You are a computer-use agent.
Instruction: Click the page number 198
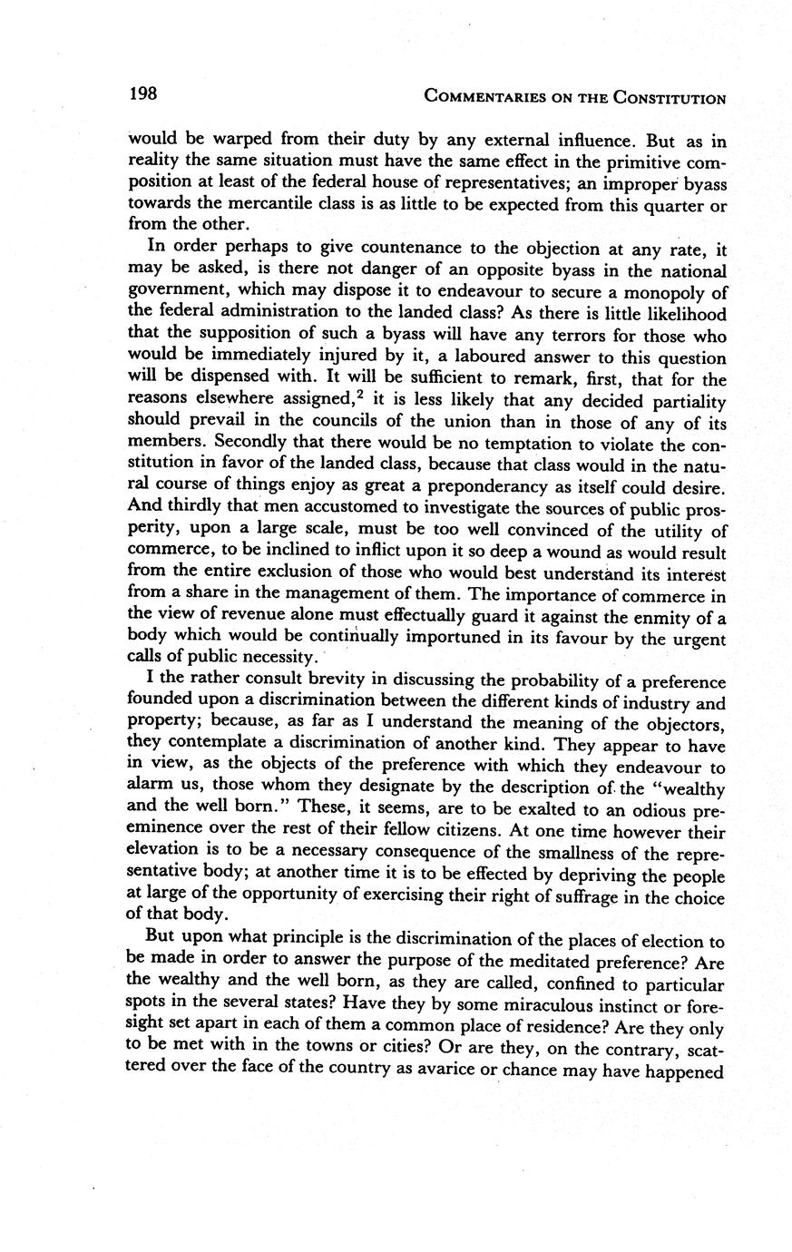point(143,94)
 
